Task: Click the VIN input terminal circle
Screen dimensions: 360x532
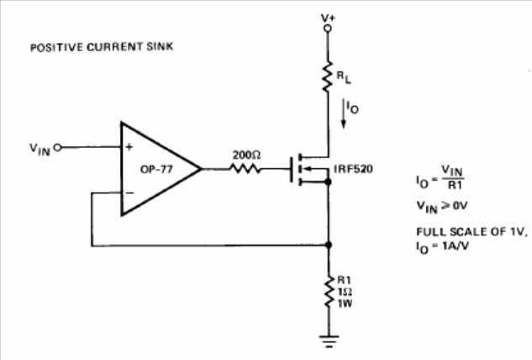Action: coord(57,147)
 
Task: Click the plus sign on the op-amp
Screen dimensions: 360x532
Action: coord(130,146)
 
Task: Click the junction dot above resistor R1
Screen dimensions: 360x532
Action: coord(329,246)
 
